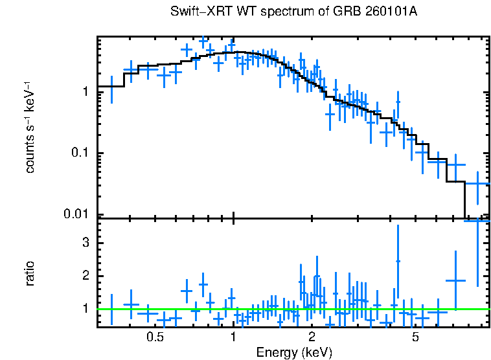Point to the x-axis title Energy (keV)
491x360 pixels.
point(294,353)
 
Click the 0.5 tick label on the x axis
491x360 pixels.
point(154,337)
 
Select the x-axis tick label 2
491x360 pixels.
point(312,337)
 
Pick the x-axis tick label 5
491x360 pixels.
point(415,337)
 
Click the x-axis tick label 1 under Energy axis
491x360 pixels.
point(233,337)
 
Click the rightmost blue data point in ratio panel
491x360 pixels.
point(478,221)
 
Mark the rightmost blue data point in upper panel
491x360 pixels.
point(478,184)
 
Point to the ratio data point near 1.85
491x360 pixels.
point(456,280)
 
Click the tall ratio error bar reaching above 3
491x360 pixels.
point(398,261)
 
